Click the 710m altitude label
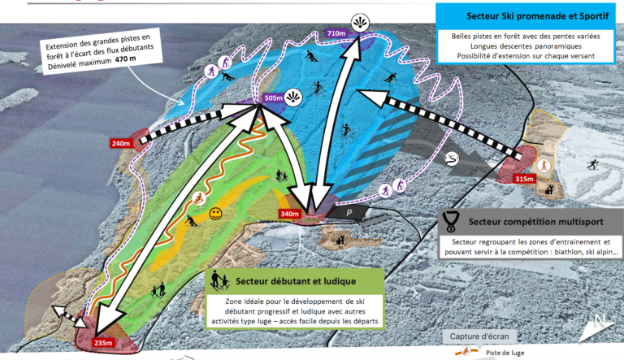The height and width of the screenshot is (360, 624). pos(336,33)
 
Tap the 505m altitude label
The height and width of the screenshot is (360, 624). pos(273,98)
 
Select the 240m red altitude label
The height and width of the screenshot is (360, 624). pos(120,143)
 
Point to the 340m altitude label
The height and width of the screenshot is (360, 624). pos(290,214)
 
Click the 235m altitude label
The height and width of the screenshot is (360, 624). pos(103,342)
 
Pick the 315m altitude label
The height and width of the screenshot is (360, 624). pos(524,179)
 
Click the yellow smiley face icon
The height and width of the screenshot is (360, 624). pos(215,214)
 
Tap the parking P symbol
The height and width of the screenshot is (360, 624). pos(349,213)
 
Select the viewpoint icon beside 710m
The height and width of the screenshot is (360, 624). pos(360,22)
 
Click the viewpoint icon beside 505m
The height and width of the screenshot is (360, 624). pos(293,98)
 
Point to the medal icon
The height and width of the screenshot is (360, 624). pos(451,221)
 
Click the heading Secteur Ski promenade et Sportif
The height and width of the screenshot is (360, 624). pos(537,16)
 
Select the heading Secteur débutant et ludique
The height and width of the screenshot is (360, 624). pos(296,281)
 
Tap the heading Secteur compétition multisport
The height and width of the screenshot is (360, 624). pos(535,221)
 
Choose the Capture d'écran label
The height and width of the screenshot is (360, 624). pos(479,336)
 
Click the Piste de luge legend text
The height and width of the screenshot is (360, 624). pos(505,353)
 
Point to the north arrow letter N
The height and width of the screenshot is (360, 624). pos(600,320)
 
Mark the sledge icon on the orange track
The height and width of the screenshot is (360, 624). pos(198,198)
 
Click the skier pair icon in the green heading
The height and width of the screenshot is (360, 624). pos(220,280)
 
